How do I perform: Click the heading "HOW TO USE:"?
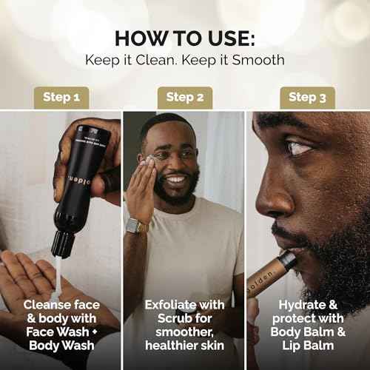click(184, 38)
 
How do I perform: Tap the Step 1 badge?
click(61, 97)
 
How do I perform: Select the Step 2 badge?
click(184, 97)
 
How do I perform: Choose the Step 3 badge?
click(307, 97)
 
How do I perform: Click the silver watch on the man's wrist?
click(136, 225)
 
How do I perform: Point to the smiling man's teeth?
click(175, 180)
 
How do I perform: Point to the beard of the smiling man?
click(178, 196)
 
